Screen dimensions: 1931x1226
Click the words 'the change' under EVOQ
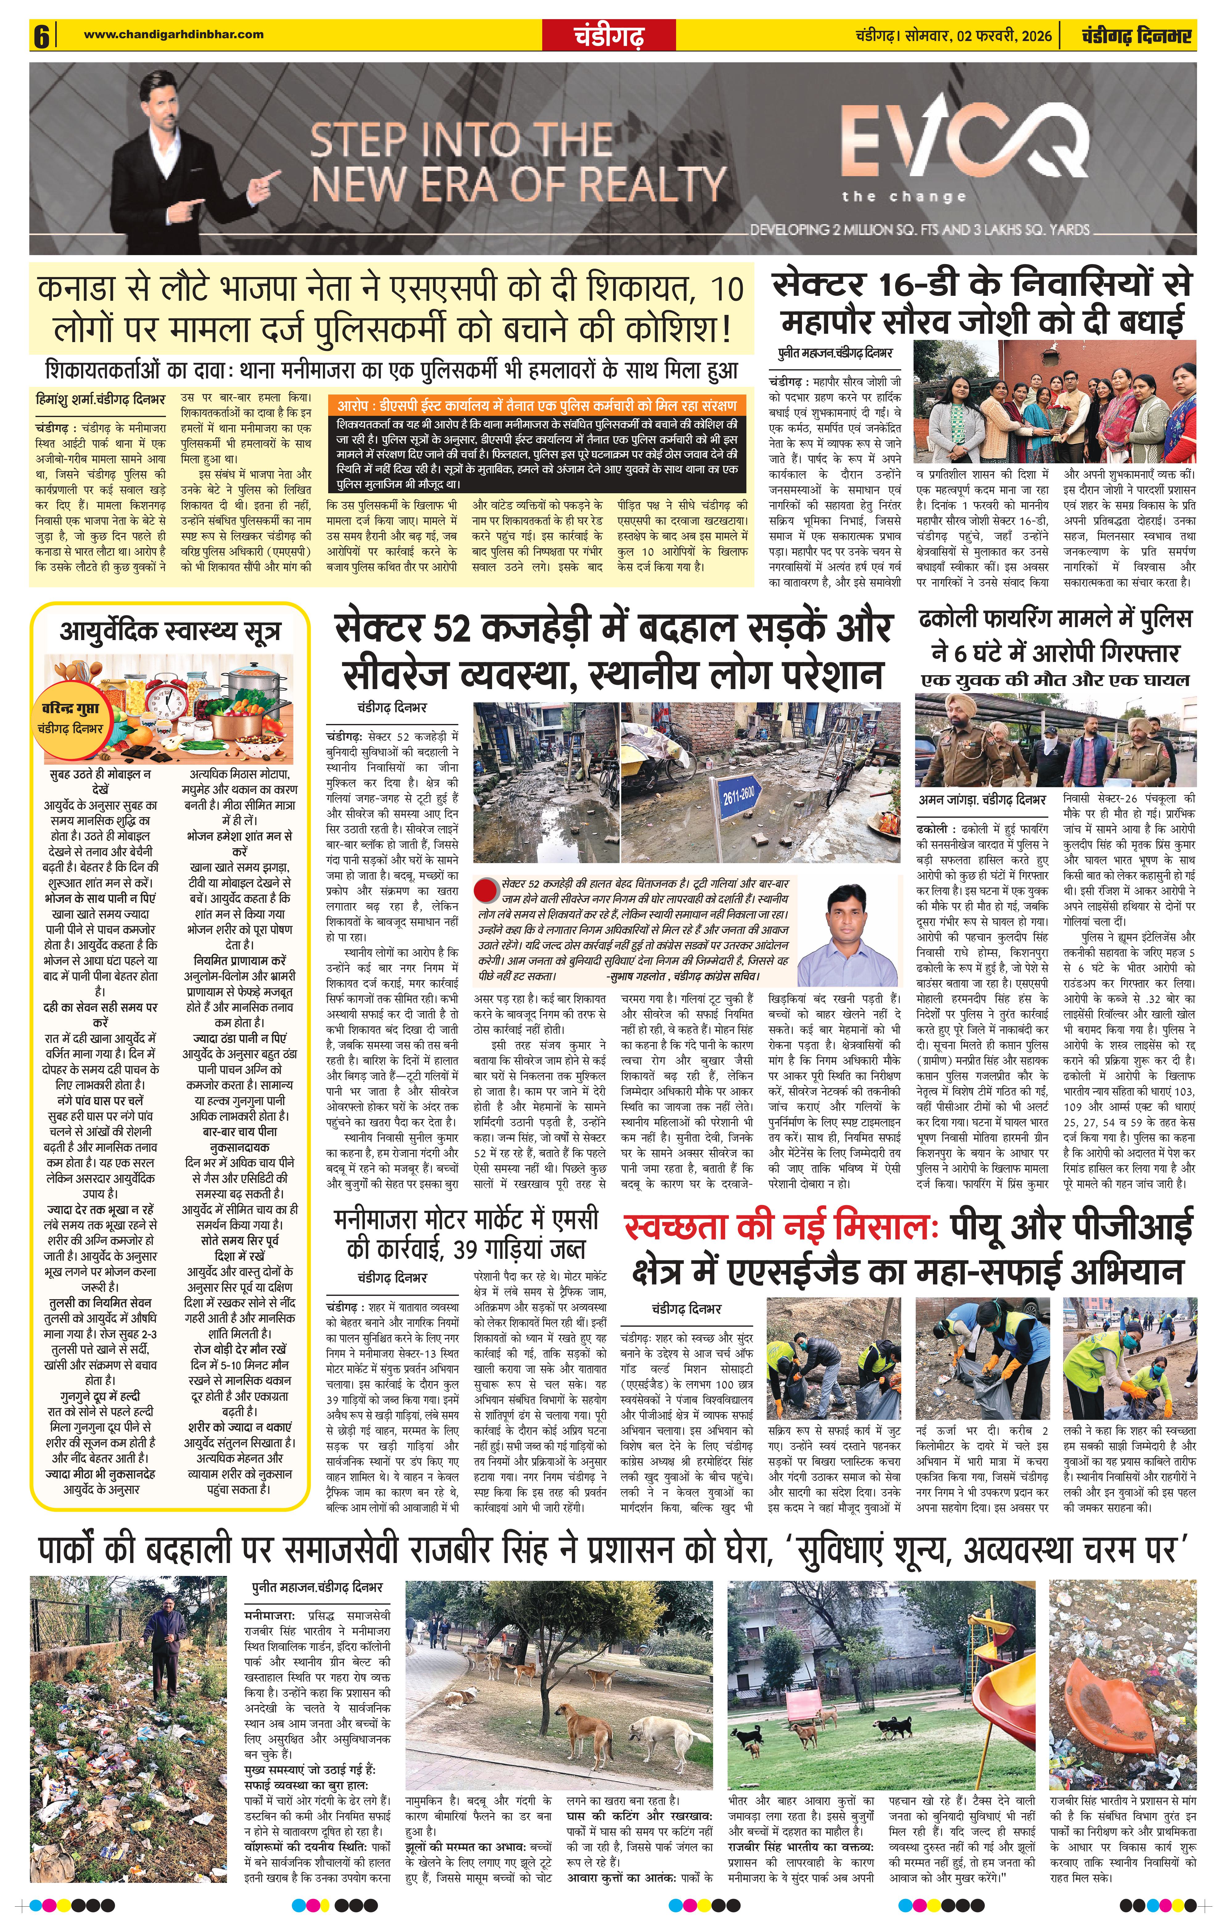[x=904, y=196]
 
